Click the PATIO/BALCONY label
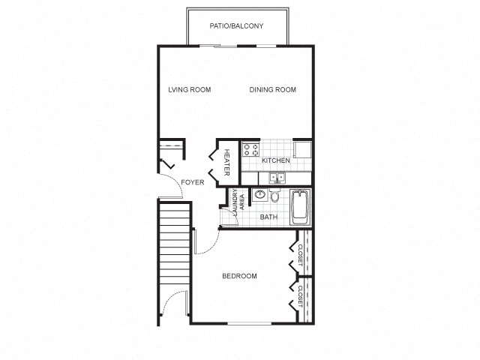pyautogui.click(x=236, y=26)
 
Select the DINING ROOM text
pyautogui.click(x=273, y=90)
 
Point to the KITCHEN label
pyautogui.click(x=275, y=161)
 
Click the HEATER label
pyautogui.click(x=227, y=162)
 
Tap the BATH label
pyautogui.click(x=268, y=217)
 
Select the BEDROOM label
pyautogui.click(x=240, y=276)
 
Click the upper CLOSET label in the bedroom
pyautogui.click(x=301, y=255)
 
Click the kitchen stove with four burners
pyautogui.click(x=250, y=149)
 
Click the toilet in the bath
pyautogui.click(x=275, y=196)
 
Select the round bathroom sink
pyautogui.click(x=259, y=195)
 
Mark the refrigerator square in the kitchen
pyautogui.click(x=303, y=149)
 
